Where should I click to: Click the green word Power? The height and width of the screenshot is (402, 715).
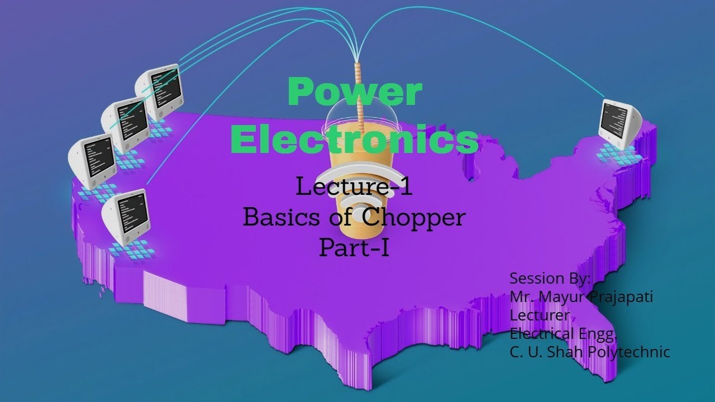355,92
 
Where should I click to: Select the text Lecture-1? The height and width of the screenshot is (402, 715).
354,186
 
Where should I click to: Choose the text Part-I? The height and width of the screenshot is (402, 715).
354,248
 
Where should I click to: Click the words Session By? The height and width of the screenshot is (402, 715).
550,278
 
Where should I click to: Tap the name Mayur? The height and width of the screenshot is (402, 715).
564,297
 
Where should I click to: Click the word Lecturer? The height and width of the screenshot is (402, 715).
540,315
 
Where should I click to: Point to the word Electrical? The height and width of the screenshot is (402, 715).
542,334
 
